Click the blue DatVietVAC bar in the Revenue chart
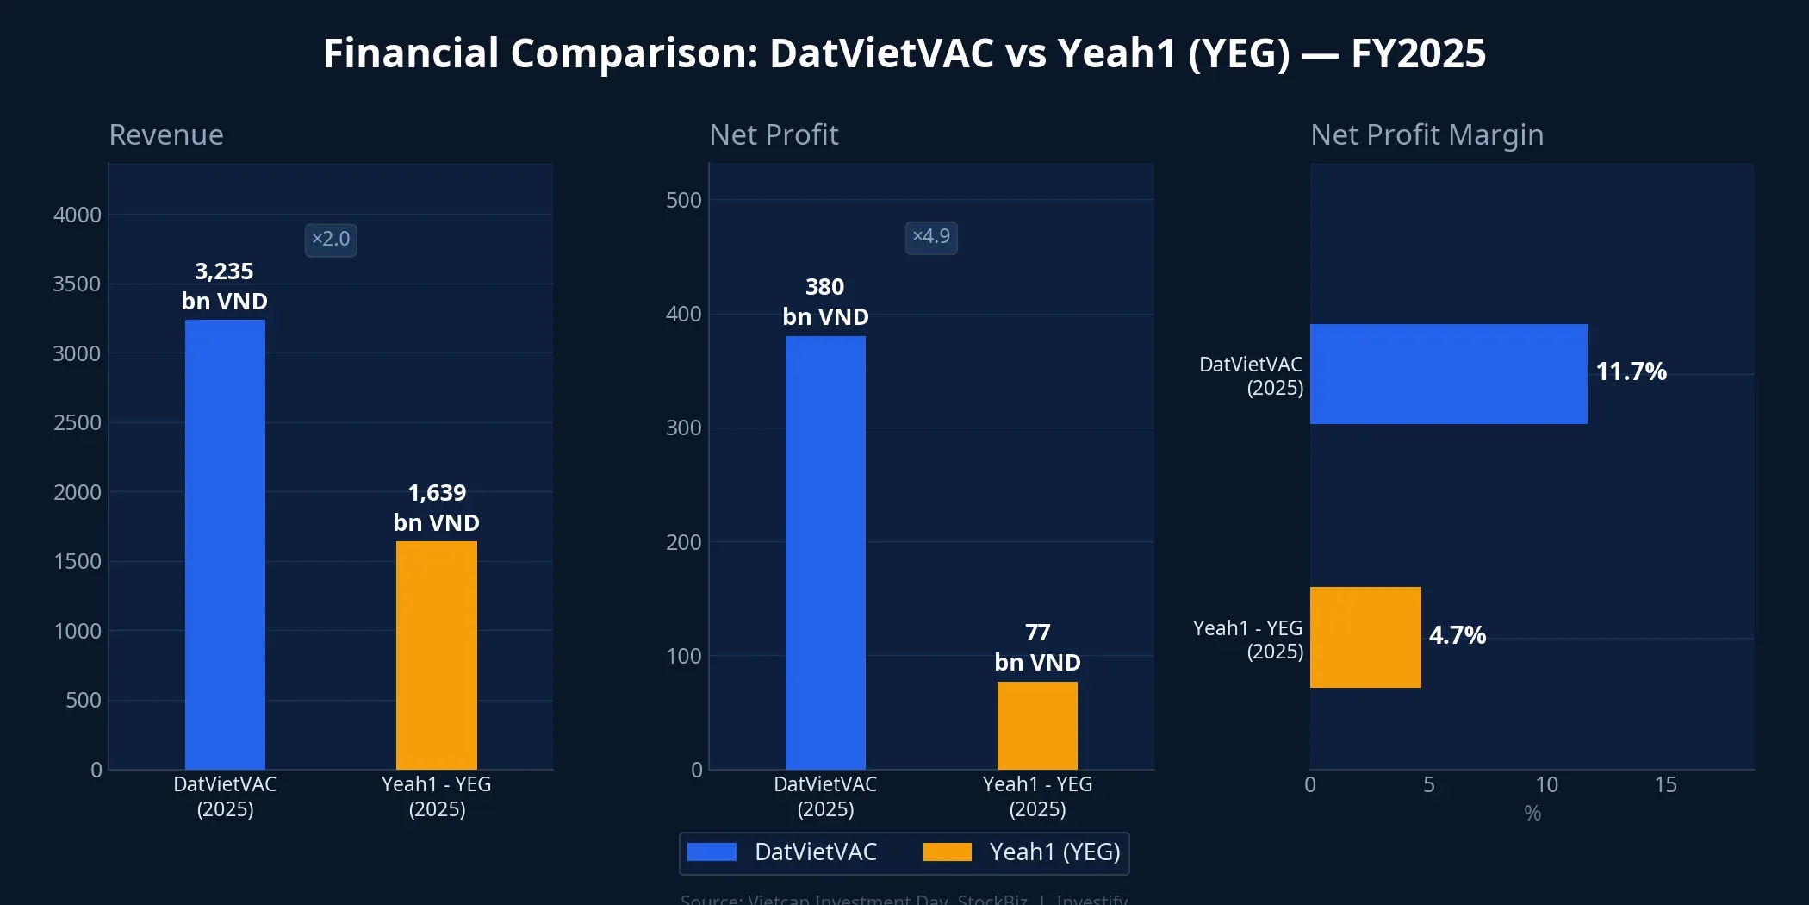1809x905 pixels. click(225, 544)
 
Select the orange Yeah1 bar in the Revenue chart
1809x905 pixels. click(436, 655)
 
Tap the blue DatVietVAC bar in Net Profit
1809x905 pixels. click(825, 552)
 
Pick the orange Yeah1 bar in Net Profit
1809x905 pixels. click(1037, 725)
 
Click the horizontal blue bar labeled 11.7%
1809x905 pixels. click(1448, 374)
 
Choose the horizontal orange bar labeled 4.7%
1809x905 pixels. click(1365, 637)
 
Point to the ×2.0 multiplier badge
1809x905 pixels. click(331, 240)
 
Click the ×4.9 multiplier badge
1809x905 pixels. click(931, 237)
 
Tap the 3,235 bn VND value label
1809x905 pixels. click(224, 286)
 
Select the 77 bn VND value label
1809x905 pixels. click(1037, 647)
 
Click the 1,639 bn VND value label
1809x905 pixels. click(436, 508)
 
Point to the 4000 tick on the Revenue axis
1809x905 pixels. click(78, 215)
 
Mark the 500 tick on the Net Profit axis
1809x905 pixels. click(683, 200)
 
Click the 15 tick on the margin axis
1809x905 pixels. click(1665, 784)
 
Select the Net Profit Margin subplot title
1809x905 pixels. click(1427, 134)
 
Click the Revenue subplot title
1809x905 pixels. click(166, 134)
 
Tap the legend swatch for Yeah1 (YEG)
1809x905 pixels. click(947, 852)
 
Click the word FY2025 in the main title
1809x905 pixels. click(1418, 53)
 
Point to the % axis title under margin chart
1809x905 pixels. click(1532, 813)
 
